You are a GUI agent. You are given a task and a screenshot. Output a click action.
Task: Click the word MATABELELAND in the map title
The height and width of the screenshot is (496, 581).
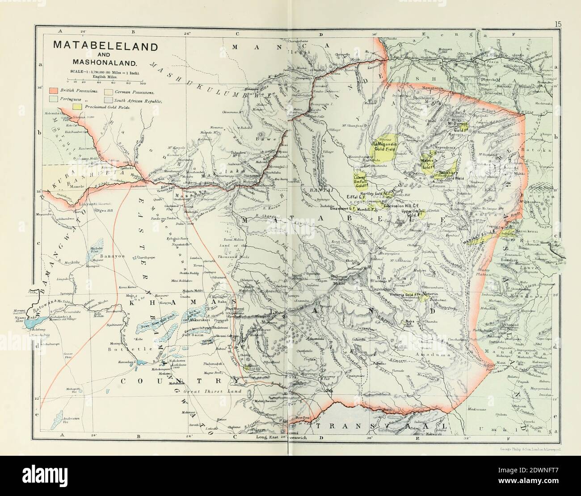pyautogui.click(x=105, y=46)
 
